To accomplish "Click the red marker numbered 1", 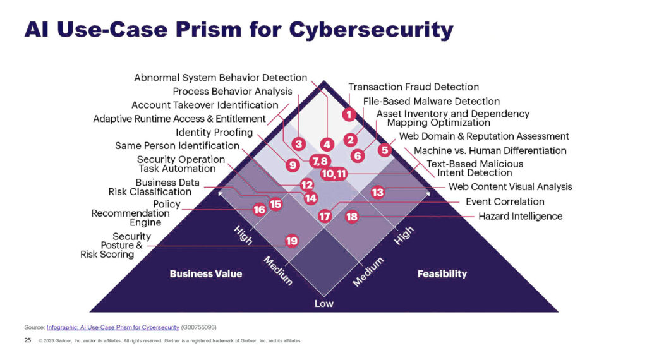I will click(x=348, y=114).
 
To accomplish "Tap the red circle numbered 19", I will click(x=291, y=241).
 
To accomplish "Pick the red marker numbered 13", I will click(x=377, y=192).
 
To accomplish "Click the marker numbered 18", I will click(x=352, y=217).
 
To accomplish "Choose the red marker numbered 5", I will click(x=385, y=150).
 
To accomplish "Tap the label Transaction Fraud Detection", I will click(x=413, y=87).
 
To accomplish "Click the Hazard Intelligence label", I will click(x=520, y=216).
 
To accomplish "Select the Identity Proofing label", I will click(x=214, y=133).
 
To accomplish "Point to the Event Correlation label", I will click(x=505, y=201).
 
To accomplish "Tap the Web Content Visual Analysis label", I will click(x=510, y=186).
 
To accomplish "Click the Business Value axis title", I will click(x=206, y=274).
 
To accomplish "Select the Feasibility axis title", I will click(x=442, y=274).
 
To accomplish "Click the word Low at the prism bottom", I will click(x=323, y=304).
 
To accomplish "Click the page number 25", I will click(x=27, y=340).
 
